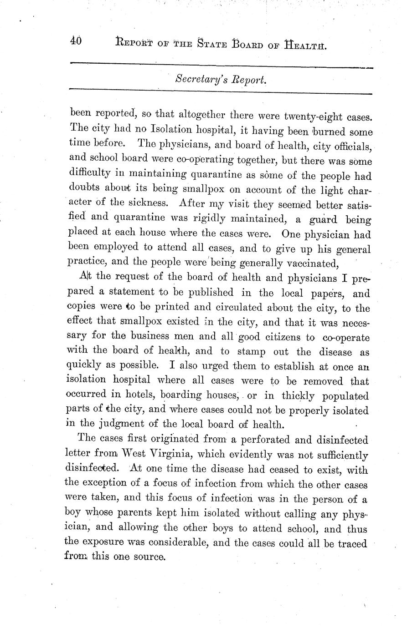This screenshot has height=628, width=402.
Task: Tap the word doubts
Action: [86, 190]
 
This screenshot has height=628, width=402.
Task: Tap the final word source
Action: [147, 557]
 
